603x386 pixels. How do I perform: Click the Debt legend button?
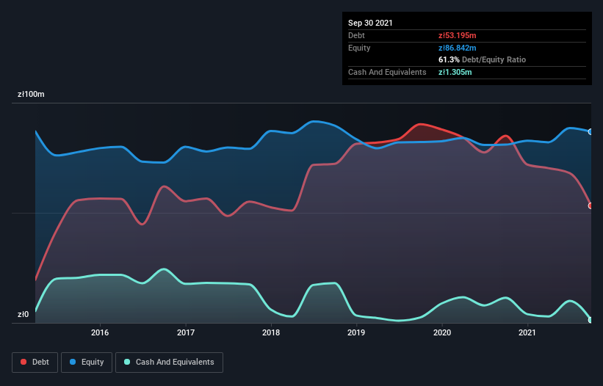34,362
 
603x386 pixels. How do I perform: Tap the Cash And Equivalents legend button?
169,362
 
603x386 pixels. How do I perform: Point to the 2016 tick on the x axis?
100,332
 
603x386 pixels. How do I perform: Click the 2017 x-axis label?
186,332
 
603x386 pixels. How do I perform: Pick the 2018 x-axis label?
271,332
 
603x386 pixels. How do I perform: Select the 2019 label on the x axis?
356,332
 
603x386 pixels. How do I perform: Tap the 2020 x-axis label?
442,332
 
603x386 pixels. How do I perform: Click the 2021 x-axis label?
527,332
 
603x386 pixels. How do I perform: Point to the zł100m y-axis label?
32,95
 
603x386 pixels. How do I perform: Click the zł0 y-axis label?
24,315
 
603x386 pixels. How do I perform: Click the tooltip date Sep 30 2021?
370,23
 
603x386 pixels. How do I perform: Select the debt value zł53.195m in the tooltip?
457,35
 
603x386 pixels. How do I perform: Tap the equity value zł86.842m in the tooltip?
457,48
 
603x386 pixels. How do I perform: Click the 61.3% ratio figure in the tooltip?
449,59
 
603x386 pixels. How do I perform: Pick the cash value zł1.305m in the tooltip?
455,72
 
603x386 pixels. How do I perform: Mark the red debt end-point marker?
591,205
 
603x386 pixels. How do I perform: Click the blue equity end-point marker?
591,132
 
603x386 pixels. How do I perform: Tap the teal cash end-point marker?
591,319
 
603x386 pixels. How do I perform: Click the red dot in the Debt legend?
24,362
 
